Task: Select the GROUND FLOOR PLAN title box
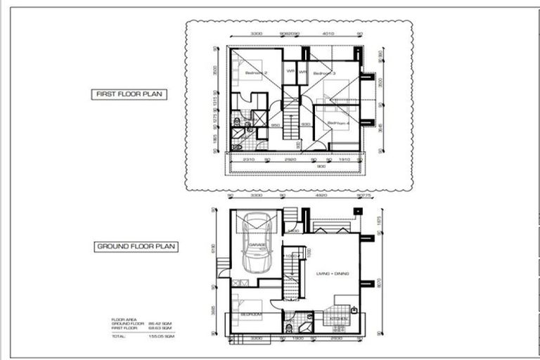(136, 247)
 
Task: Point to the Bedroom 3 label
(324, 73)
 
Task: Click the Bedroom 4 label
(338, 123)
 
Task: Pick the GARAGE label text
(257, 244)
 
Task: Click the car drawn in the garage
(257, 246)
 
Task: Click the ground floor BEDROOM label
(250, 314)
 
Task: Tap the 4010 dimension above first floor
(328, 34)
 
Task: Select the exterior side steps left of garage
(224, 264)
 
